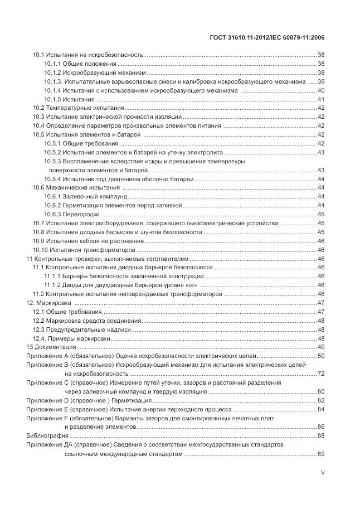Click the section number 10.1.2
(x=52, y=72)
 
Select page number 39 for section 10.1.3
(x=321, y=81)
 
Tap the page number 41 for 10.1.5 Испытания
(x=321, y=99)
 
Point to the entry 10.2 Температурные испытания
(x=78, y=108)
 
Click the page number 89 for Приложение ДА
(x=321, y=454)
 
